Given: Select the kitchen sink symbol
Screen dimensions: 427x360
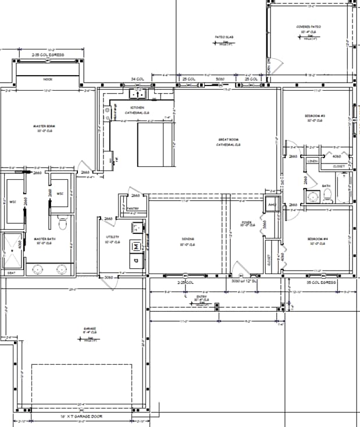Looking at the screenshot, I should [x=138, y=93].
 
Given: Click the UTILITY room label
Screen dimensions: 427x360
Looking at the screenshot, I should [x=112, y=237].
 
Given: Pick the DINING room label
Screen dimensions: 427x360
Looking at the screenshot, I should [x=187, y=239].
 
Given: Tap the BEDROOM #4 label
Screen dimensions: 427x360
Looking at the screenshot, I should [x=318, y=239].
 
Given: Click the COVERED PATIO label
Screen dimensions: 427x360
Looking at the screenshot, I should [x=309, y=27].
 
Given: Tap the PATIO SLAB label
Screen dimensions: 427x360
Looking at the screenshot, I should [x=224, y=37].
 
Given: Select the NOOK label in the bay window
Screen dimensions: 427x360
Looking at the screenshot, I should [x=48, y=79].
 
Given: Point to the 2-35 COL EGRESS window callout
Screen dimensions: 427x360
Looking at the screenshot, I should [x=48, y=54].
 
